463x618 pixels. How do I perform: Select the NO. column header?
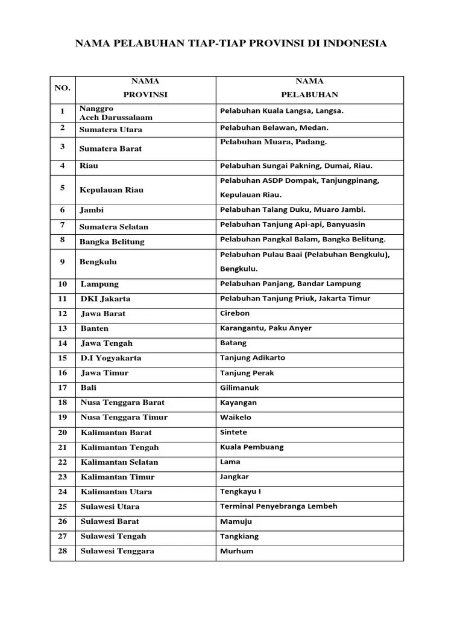(63, 88)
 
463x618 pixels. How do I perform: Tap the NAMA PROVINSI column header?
(145, 88)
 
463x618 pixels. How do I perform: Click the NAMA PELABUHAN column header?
(309, 88)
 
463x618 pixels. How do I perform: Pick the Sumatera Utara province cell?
(111, 129)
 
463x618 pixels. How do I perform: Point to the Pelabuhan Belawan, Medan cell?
(274, 128)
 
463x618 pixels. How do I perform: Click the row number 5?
(63, 188)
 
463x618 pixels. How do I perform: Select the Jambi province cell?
(92, 210)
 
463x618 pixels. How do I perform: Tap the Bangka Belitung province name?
(112, 241)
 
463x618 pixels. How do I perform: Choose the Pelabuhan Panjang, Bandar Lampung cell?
(291, 284)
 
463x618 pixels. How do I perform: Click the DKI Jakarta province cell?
(106, 299)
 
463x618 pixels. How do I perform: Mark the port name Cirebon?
(235, 313)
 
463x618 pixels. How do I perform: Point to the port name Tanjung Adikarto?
(253, 357)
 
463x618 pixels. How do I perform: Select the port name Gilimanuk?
(240, 387)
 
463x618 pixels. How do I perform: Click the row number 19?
(63, 417)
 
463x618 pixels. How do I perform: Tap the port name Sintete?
(234, 432)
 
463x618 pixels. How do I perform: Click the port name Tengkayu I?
(241, 491)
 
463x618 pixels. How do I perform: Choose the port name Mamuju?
(236, 521)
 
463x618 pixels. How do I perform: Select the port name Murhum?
(237, 551)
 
